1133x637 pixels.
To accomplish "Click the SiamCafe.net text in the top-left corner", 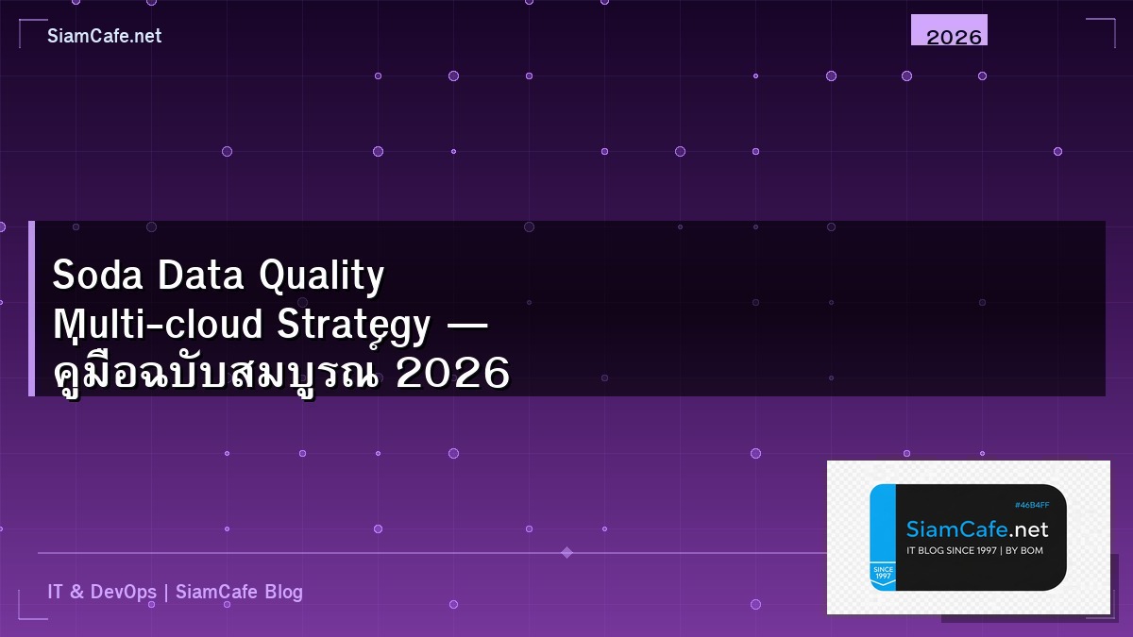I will (x=104, y=36).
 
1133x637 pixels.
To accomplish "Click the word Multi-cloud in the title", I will (x=158, y=325).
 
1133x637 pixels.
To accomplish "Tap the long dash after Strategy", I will (x=465, y=326).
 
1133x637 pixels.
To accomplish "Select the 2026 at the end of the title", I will (x=453, y=375).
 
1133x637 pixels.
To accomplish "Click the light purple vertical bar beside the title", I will (x=31, y=309).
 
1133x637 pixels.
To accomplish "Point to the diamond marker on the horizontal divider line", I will (x=566, y=552).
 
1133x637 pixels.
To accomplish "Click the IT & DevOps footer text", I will (x=102, y=592).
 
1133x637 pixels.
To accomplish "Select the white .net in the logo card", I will (x=1028, y=528).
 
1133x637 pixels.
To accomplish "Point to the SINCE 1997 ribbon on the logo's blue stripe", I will (x=883, y=574).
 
